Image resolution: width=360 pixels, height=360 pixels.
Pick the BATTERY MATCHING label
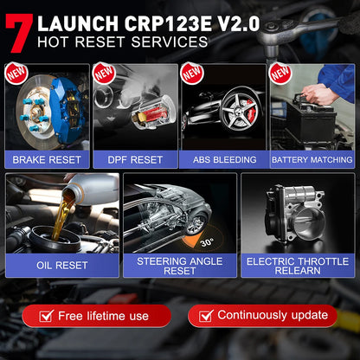tap(312, 159)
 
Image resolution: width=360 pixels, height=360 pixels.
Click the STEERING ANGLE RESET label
tap(179, 265)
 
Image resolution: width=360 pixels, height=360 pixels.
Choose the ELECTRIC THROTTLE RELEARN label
tap(298, 265)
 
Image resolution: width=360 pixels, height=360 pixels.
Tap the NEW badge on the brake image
tap(16, 74)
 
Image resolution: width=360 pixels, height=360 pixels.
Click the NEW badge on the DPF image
tap(105, 74)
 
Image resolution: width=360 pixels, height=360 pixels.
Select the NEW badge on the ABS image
tap(193, 74)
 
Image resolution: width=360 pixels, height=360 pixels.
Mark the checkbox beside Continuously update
tap(205, 315)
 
